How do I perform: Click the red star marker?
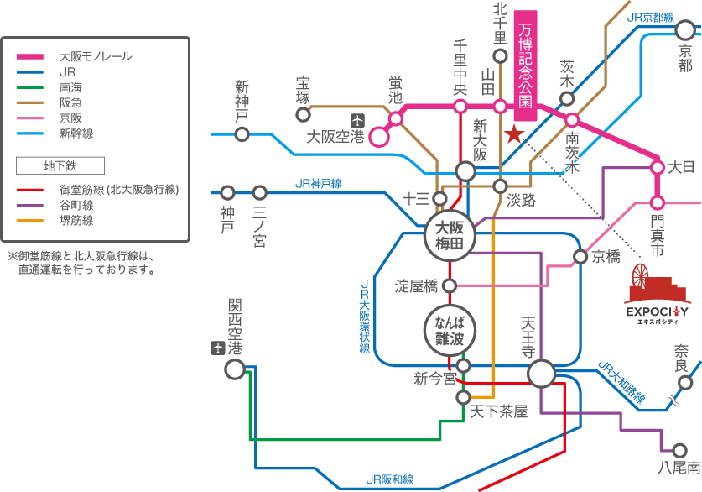pyautogui.click(x=514, y=134)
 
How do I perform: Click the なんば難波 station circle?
pyautogui.click(x=450, y=329)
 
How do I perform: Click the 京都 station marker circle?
pyautogui.click(x=685, y=31)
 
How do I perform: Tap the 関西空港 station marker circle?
pyautogui.click(x=235, y=369)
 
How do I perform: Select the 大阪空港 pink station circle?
pyautogui.click(x=379, y=136)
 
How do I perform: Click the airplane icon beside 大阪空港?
pyautogui.click(x=357, y=118)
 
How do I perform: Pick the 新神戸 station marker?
pyautogui.click(x=242, y=134)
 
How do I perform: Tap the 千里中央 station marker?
pyautogui.click(x=460, y=107)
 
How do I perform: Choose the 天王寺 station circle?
pyautogui.click(x=542, y=374)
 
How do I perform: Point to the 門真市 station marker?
pyautogui.click(x=658, y=202)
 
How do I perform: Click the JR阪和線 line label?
pyautogui.click(x=390, y=479)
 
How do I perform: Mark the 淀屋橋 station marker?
pyautogui.click(x=450, y=286)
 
